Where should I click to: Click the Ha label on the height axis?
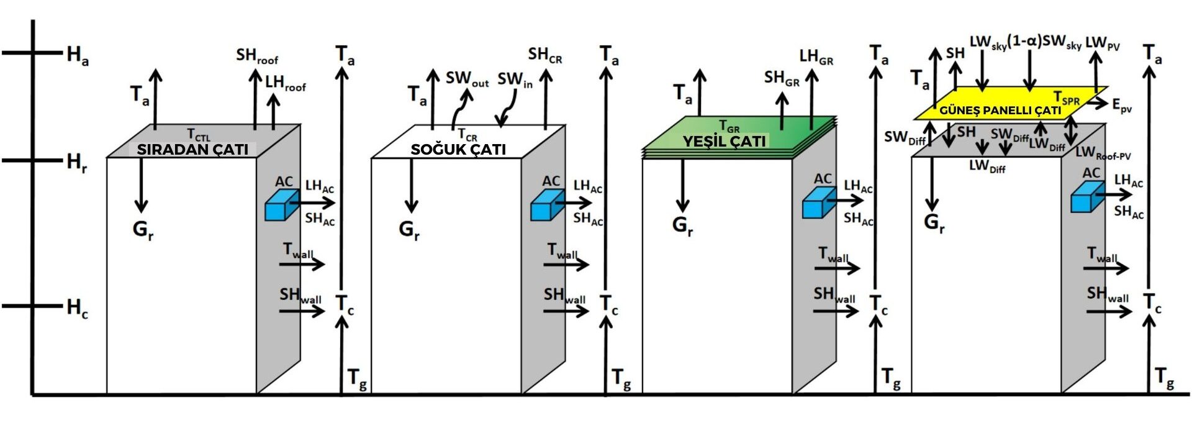pos(78,55)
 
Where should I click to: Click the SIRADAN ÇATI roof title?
pos(192,149)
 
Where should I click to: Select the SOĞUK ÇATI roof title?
pos(458,149)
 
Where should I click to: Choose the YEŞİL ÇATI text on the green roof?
pos(724,141)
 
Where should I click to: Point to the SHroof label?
pos(256,56)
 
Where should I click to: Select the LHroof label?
pos(285,83)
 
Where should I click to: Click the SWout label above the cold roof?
pos(467,79)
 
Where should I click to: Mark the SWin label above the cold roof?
pos(515,80)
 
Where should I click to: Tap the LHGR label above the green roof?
pos(816,57)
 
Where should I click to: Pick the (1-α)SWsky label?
pos(1044,42)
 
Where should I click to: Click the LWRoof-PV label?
pos(1103,153)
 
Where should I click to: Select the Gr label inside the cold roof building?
pos(409,230)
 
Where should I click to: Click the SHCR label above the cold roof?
pos(545,55)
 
